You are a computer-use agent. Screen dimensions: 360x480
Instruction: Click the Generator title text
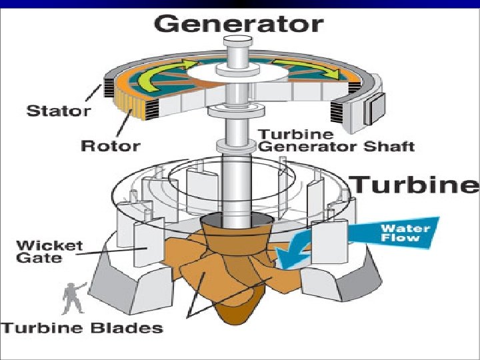click(x=238, y=24)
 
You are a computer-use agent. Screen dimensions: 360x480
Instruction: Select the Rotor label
click(x=110, y=145)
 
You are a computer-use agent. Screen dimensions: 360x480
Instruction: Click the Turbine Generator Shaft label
click(x=336, y=140)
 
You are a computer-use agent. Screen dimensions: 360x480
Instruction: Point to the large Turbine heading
click(x=415, y=184)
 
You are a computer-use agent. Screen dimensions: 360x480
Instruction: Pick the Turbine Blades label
click(x=83, y=327)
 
